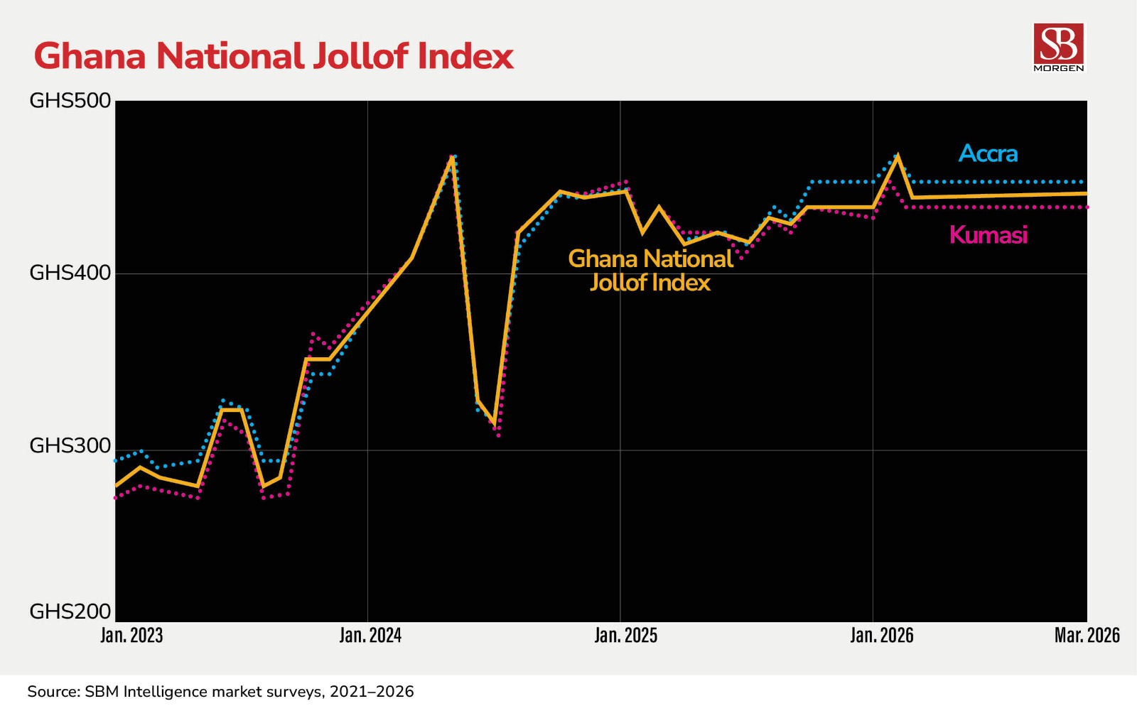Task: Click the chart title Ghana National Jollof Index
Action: pyautogui.click(x=274, y=56)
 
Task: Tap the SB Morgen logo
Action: pyautogui.click(x=1059, y=47)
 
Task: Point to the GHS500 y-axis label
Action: pyautogui.click(x=70, y=101)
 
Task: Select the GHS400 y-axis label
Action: pyautogui.click(x=70, y=273)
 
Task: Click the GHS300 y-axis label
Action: pyautogui.click(x=70, y=446)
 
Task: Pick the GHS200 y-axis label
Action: pyautogui.click(x=70, y=612)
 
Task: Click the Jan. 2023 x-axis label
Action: pyautogui.click(x=131, y=635)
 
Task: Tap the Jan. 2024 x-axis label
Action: pyautogui.click(x=370, y=635)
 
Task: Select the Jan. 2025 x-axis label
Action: pyautogui.click(x=625, y=635)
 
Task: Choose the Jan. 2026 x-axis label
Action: pyautogui.click(x=881, y=635)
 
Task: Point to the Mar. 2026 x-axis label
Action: pyautogui.click(x=1087, y=635)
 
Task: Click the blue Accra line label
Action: pyautogui.click(x=988, y=153)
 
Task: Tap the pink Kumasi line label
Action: pyautogui.click(x=988, y=235)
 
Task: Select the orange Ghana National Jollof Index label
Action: pyautogui.click(x=650, y=271)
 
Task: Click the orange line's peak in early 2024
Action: pyautogui.click(x=452, y=157)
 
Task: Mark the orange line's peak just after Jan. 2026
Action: pyautogui.click(x=898, y=156)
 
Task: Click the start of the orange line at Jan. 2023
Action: pyautogui.click(x=117, y=486)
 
